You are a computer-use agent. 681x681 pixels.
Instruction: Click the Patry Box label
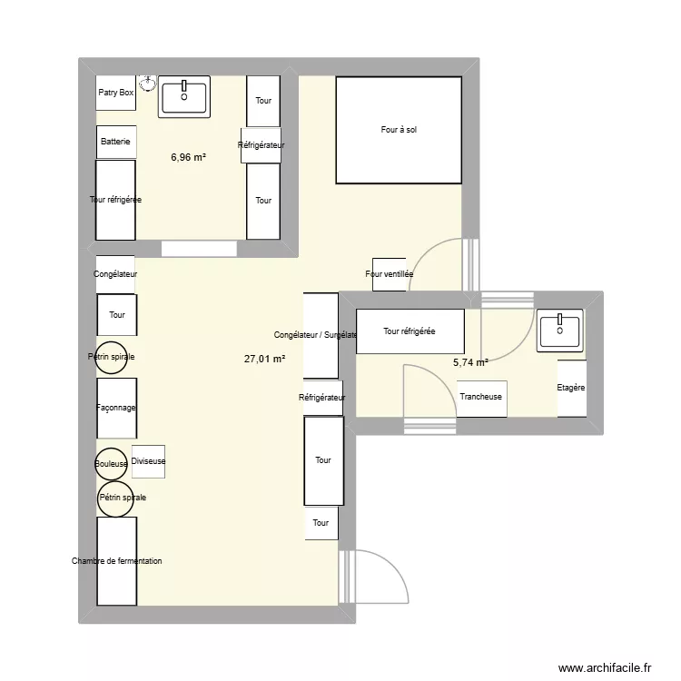[x=116, y=93]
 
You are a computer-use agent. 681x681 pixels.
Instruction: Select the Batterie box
[x=116, y=142]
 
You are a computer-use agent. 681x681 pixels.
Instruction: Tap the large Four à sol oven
[x=399, y=130]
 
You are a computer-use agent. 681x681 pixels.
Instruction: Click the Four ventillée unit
[x=389, y=273]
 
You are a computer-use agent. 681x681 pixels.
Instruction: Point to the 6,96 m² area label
[x=188, y=157]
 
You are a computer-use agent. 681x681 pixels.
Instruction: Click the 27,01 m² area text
[x=264, y=359]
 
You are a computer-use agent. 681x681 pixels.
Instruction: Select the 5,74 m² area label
[x=470, y=362]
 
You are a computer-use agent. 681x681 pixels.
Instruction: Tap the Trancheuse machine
[x=481, y=398]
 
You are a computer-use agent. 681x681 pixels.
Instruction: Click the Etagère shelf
[x=571, y=388]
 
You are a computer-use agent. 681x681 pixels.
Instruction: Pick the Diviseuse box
[x=148, y=461]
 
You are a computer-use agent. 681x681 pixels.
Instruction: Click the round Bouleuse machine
[x=112, y=464]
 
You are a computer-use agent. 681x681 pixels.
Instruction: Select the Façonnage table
[x=116, y=409]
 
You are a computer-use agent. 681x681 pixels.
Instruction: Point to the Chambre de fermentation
[x=116, y=561]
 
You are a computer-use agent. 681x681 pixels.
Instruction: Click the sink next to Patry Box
[x=184, y=96]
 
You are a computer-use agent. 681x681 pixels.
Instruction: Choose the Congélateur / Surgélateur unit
[x=321, y=335]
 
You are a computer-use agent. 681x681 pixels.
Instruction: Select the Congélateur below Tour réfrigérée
[x=115, y=273]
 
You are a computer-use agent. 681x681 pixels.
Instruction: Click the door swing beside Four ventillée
[x=439, y=266]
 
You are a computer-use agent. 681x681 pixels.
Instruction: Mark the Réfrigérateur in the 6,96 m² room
[x=262, y=145]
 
